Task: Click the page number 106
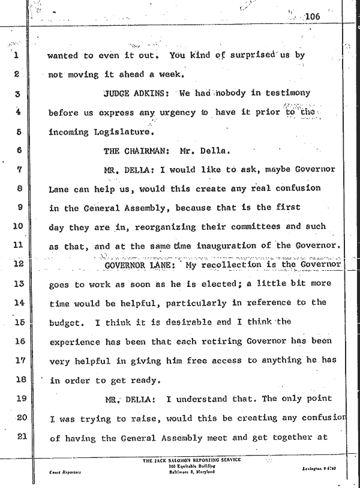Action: coord(313,16)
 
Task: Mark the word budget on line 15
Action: coord(65,322)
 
